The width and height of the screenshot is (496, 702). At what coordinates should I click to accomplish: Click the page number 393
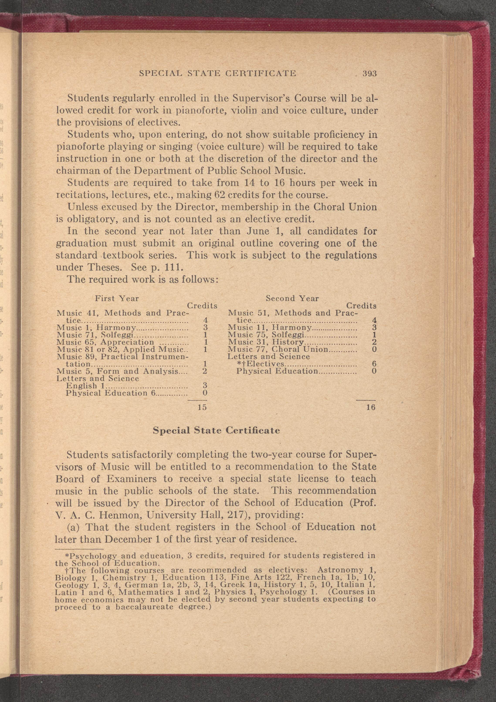[369, 74]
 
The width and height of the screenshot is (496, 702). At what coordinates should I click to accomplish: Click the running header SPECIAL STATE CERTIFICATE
[217, 74]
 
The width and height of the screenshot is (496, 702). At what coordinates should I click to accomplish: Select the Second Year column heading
[292, 298]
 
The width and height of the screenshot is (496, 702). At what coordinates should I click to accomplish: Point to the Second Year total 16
[370, 407]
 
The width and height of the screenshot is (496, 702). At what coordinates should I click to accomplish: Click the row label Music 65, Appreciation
[105, 342]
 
